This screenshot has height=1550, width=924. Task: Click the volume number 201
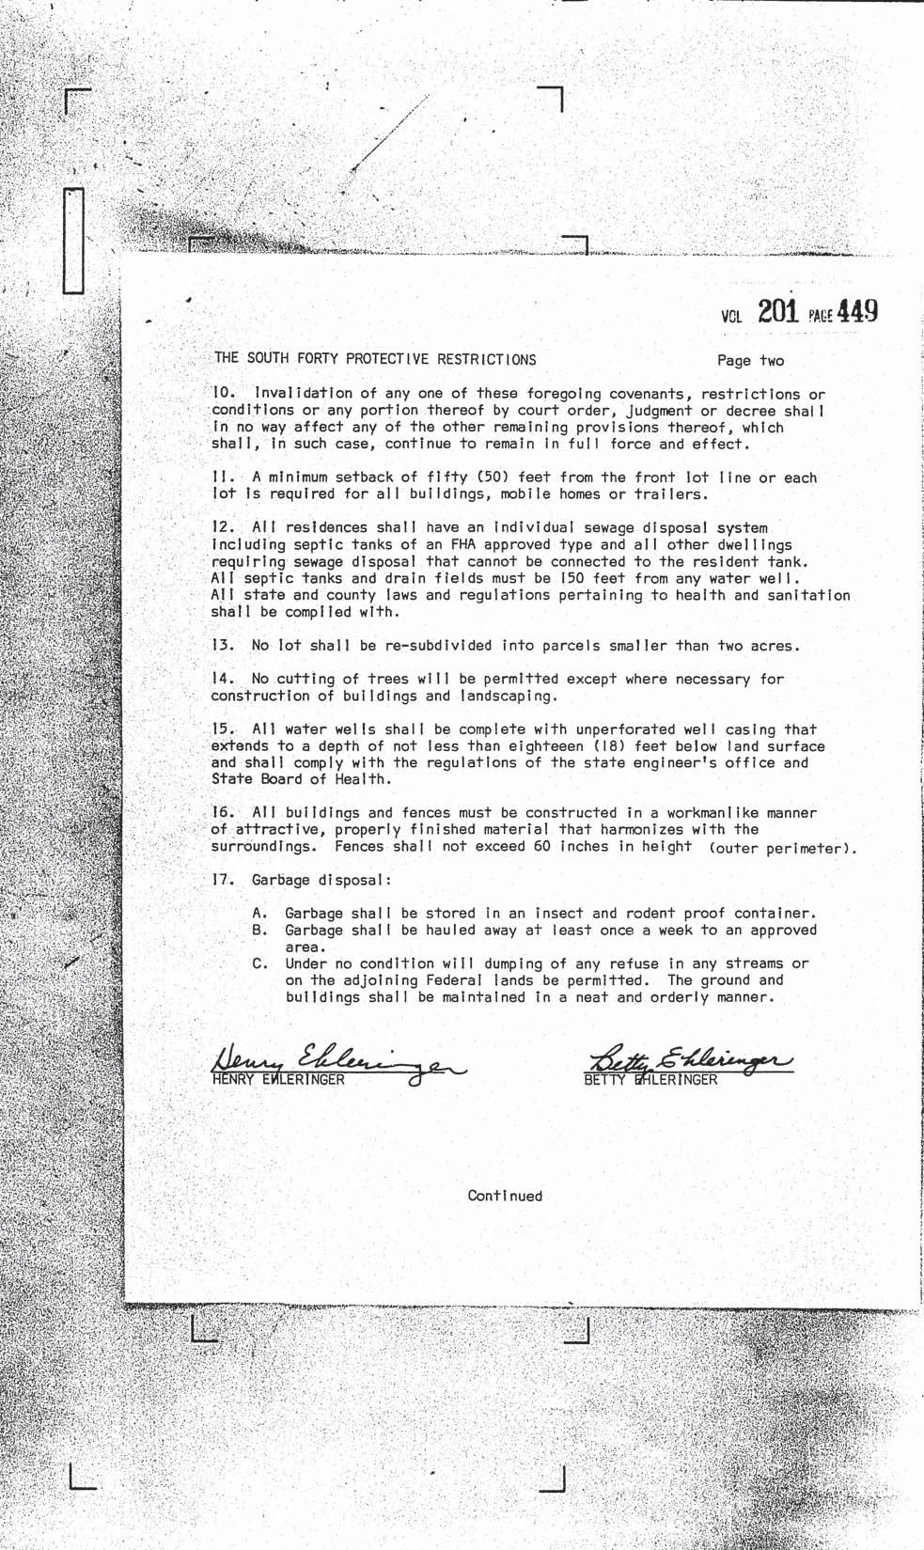(x=777, y=311)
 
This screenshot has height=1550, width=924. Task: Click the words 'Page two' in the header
(x=750, y=360)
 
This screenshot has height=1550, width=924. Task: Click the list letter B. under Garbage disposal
(x=261, y=930)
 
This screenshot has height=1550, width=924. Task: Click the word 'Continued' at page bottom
(x=505, y=1196)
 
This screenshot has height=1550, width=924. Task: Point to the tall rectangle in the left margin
(x=73, y=239)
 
